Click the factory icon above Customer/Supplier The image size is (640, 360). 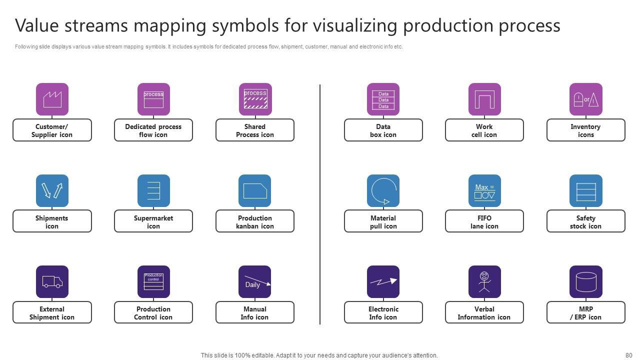[52, 99]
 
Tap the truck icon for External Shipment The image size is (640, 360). [52, 281]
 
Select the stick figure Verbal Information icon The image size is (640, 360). [484, 281]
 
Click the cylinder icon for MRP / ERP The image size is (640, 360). [585, 281]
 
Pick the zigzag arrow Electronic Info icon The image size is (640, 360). [383, 281]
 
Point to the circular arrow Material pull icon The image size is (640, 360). [383, 190]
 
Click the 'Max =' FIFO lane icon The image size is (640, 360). [484, 190]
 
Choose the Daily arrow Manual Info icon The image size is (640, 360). [254, 281]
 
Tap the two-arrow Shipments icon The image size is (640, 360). [52, 190]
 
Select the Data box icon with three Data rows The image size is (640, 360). [383, 99]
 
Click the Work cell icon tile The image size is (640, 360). [484, 99]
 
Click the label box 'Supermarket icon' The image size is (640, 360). [153, 221]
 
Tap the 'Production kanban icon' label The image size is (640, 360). [254, 221]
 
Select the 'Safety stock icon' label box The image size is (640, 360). [585, 221]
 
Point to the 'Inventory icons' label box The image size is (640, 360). [585, 130]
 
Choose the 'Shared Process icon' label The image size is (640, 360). [254, 130]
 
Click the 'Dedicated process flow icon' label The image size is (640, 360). [153, 130]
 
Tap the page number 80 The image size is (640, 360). [628, 355]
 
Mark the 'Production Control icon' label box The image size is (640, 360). [153, 312]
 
